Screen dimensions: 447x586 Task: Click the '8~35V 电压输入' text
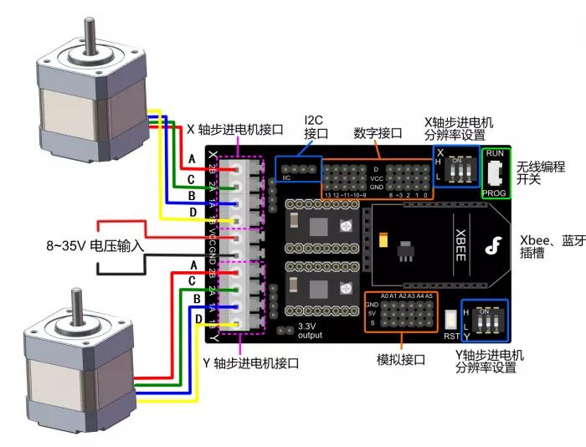(x=95, y=247)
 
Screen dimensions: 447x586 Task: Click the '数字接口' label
(x=378, y=133)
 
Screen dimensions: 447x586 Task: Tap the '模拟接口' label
(x=402, y=359)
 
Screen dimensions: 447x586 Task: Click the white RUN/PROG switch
(x=496, y=173)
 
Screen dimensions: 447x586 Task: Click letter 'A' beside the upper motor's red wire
(x=192, y=159)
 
